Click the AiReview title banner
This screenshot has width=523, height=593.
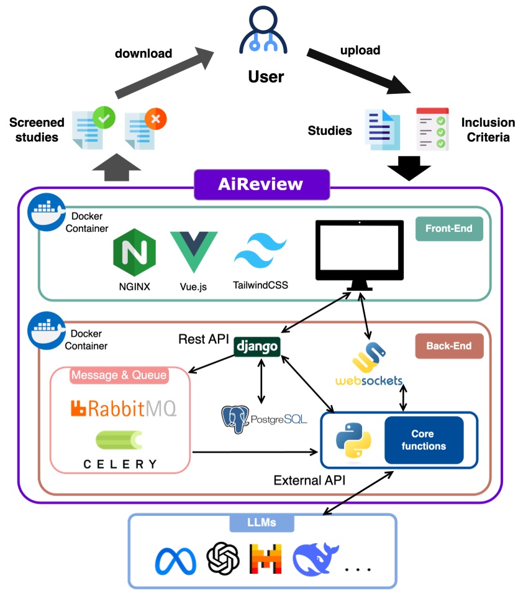[x=261, y=185]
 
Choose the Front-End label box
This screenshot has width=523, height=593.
[x=448, y=228]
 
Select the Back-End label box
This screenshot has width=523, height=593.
[x=448, y=346]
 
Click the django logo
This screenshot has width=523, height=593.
[x=257, y=347]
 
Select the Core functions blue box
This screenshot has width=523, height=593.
[x=424, y=440]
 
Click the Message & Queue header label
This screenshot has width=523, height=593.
[x=119, y=375]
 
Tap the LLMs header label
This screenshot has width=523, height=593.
[x=261, y=523]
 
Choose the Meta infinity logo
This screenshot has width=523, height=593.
[x=176, y=561]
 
